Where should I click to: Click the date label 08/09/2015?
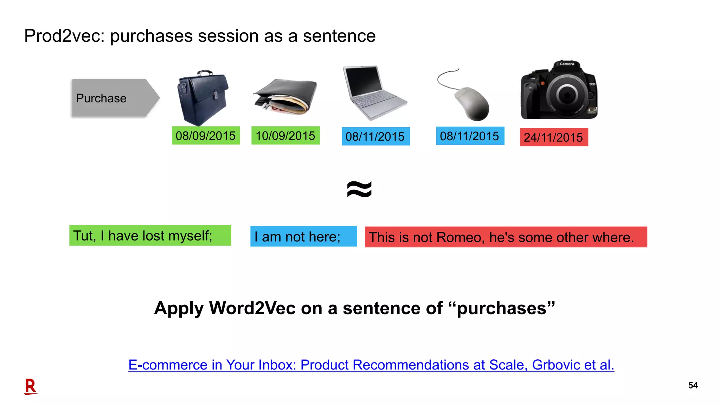206,136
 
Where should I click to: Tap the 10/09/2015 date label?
285,136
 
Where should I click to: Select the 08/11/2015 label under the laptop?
375,136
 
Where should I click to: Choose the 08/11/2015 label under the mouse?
470,136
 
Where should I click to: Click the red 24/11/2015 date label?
554,137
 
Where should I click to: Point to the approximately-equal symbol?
359,189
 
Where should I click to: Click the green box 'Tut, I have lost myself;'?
150,236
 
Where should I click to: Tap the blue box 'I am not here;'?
303,237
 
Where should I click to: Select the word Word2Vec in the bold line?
252,308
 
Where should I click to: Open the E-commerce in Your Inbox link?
371,365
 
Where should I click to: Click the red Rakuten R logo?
31,386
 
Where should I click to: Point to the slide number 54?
693,385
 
